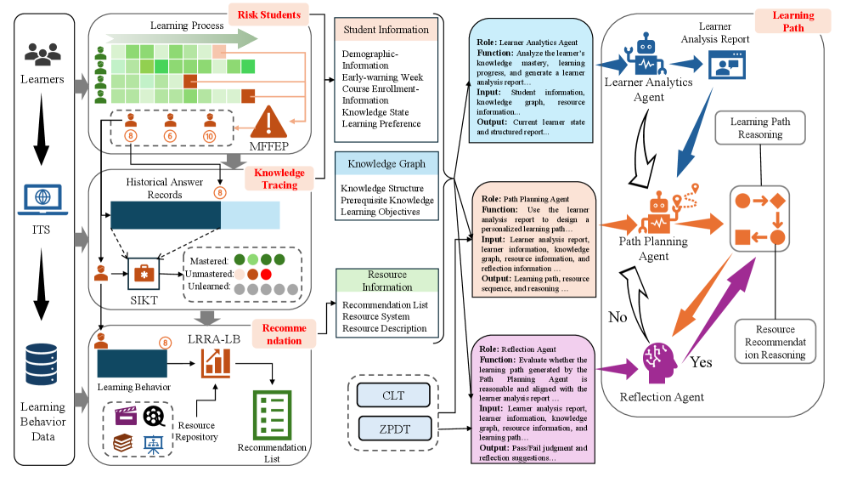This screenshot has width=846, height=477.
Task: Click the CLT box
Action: pyautogui.click(x=392, y=395)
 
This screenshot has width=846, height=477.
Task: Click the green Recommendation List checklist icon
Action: pyautogui.click(x=270, y=414)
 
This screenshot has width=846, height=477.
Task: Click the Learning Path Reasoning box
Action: pyautogui.click(x=761, y=128)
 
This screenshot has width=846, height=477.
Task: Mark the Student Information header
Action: pyautogui.click(x=386, y=30)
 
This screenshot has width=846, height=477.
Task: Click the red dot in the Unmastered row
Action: pyautogui.click(x=266, y=274)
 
